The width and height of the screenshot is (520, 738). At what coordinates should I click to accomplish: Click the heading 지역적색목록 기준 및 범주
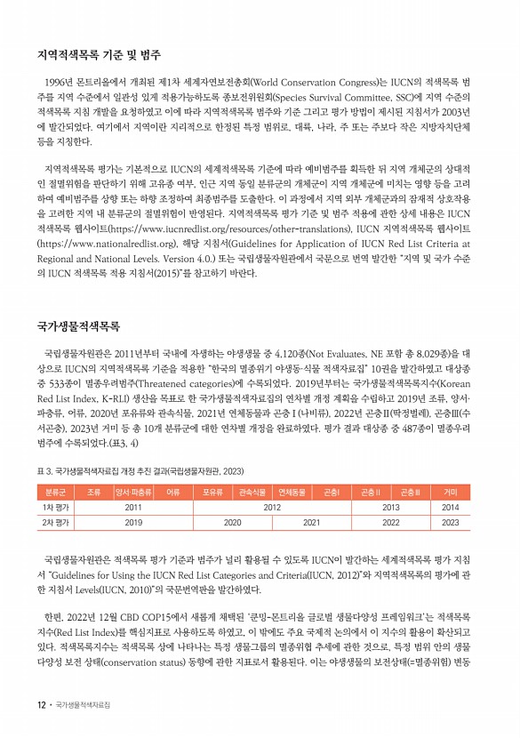pyautogui.click(x=99, y=55)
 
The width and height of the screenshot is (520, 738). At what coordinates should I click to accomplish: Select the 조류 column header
pyautogui.click(x=92, y=491)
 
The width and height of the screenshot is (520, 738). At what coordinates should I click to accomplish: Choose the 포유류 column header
pyautogui.click(x=212, y=491)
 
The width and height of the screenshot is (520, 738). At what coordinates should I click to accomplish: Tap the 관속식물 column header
pyautogui.click(x=253, y=491)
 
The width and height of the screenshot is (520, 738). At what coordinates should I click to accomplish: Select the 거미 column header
pyautogui.click(x=450, y=491)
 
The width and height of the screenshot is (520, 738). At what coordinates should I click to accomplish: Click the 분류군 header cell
pyautogui.click(x=55, y=491)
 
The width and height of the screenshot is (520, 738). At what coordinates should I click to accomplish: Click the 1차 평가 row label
pyautogui.click(x=55, y=507)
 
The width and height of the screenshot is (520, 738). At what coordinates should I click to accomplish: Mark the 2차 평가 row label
pyautogui.click(x=55, y=524)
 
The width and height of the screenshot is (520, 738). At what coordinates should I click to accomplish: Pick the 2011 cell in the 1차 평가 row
pyautogui.click(x=133, y=507)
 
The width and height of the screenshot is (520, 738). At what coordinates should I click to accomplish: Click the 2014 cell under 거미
pyautogui.click(x=450, y=507)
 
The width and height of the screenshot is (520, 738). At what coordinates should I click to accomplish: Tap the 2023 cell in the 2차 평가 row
pyautogui.click(x=450, y=524)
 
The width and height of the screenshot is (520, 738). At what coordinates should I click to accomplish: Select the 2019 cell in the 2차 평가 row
pyautogui.click(x=133, y=524)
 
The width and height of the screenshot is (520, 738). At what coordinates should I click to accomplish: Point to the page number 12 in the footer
pyautogui.click(x=41, y=705)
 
